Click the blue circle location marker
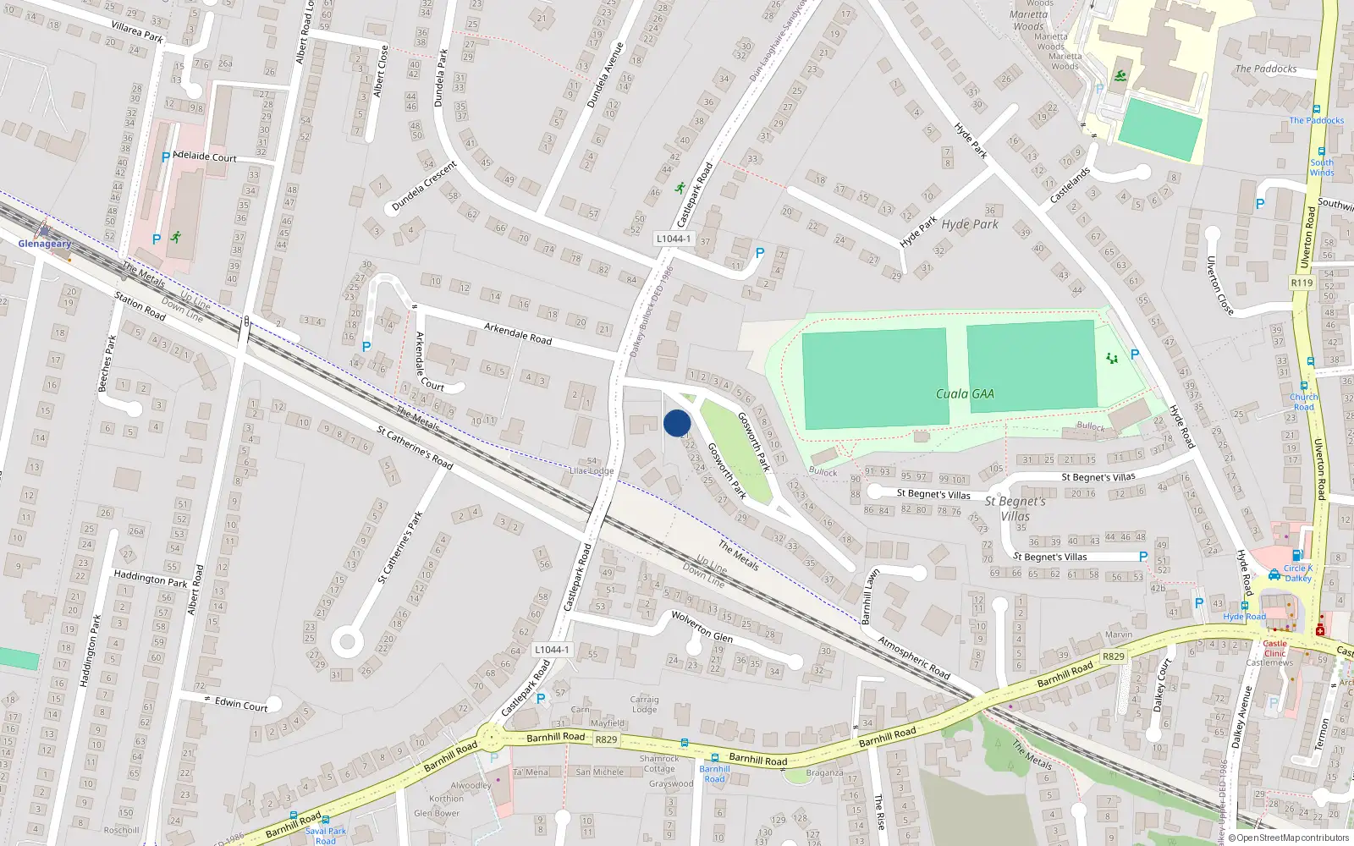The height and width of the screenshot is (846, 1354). pyautogui.click(x=677, y=423)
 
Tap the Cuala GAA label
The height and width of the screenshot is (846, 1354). pyautogui.click(x=965, y=393)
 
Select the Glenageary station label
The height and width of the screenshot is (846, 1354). pyautogui.click(x=45, y=244)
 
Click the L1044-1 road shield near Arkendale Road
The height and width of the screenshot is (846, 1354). pyautogui.click(x=673, y=239)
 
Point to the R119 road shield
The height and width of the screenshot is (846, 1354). pyautogui.click(x=1302, y=283)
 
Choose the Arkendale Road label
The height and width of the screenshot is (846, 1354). pyautogui.click(x=518, y=333)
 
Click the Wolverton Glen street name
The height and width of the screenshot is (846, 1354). pyautogui.click(x=702, y=627)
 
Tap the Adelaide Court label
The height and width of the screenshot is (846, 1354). pyautogui.click(x=205, y=157)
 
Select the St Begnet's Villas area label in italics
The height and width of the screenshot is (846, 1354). pyautogui.click(x=1015, y=508)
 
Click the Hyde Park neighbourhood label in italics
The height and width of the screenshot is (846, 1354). pyautogui.click(x=970, y=224)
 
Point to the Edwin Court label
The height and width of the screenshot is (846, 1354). pyautogui.click(x=241, y=704)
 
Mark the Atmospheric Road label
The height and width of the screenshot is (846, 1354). pyautogui.click(x=914, y=657)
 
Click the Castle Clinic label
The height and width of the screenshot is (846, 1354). pyautogui.click(x=1274, y=648)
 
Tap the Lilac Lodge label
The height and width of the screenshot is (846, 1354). pyautogui.click(x=592, y=470)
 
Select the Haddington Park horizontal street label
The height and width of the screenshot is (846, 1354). pyautogui.click(x=151, y=579)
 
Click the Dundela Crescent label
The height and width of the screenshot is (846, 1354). pyautogui.click(x=424, y=186)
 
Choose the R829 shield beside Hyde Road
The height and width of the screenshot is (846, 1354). pyautogui.click(x=1114, y=656)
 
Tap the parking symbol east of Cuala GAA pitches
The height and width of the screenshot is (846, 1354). pyautogui.click(x=1135, y=354)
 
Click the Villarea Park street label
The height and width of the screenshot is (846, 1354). pyautogui.click(x=137, y=32)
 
